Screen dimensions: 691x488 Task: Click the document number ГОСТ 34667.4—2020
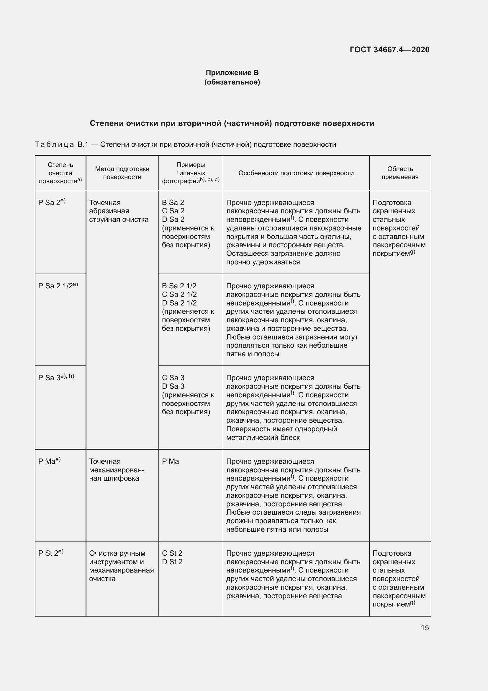click(x=389, y=50)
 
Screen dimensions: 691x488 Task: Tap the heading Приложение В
click(x=232, y=73)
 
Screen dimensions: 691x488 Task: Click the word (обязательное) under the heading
click(x=232, y=82)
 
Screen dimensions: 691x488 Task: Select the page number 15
click(x=425, y=627)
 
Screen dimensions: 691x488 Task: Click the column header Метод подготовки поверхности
click(x=122, y=173)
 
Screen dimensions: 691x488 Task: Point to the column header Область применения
click(x=400, y=173)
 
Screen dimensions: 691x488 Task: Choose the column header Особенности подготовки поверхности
click(x=296, y=173)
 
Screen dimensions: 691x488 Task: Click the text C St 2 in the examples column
click(x=172, y=553)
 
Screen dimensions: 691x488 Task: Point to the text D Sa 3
click(x=173, y=386)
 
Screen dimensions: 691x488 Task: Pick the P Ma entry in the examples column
click(x=170, y=461)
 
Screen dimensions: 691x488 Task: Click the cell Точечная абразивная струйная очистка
click(x=118, y=211)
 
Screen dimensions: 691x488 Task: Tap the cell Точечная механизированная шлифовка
click(x=116, y=470)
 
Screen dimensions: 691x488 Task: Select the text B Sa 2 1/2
click(x=179, y=286)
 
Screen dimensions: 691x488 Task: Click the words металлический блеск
click(x=263, y=438)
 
